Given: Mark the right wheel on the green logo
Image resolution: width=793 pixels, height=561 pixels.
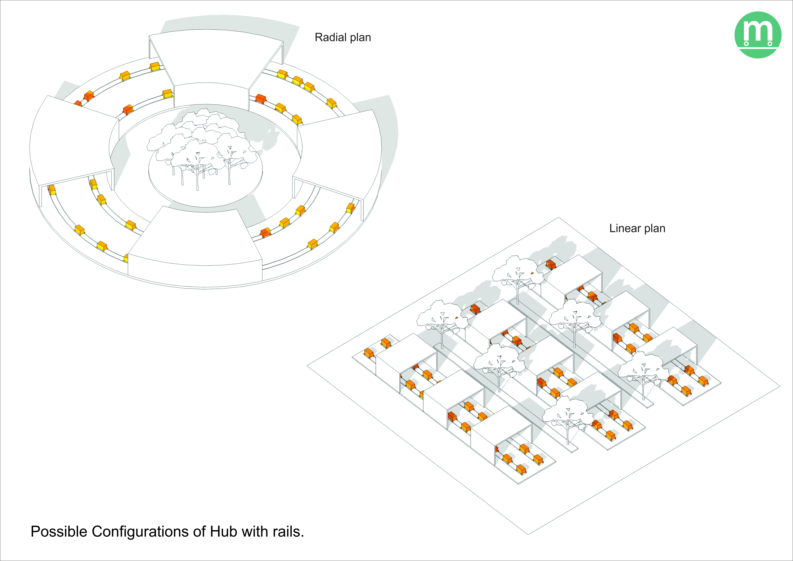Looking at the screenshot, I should coord(770,44).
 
